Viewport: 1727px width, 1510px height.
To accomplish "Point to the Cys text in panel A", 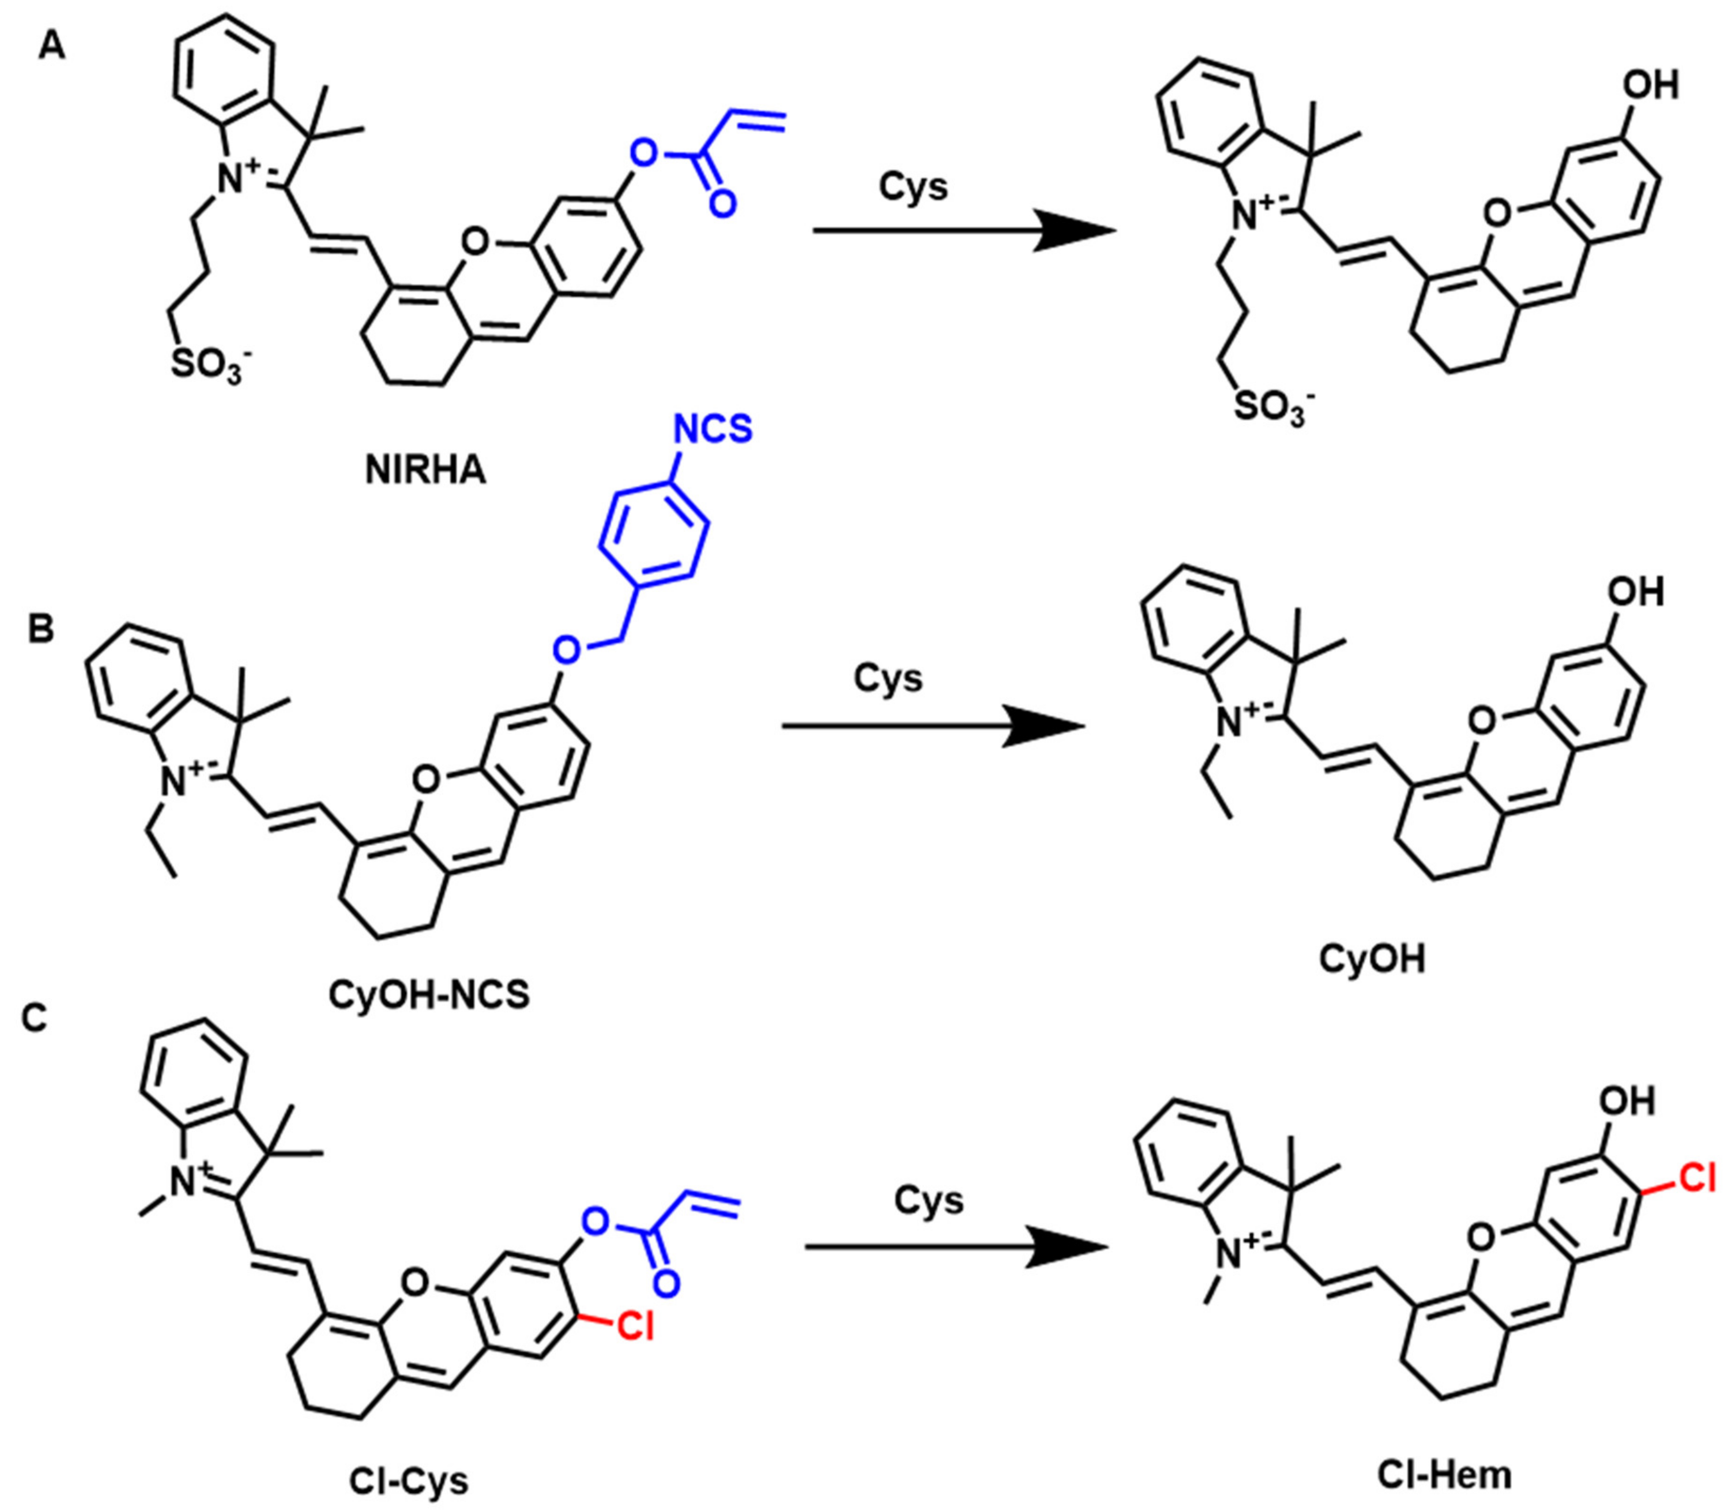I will [x=913, y=187].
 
